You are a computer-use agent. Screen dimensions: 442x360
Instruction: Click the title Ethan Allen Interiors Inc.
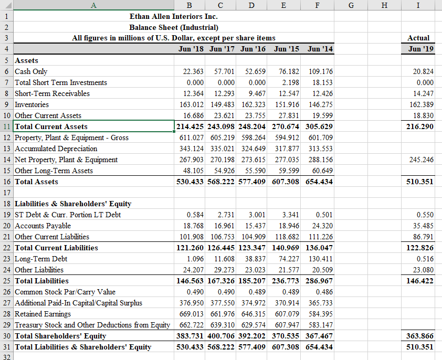(173, 16)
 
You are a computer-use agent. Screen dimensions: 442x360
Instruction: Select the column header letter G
(351, 5)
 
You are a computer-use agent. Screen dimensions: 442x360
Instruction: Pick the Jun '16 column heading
(252, 49)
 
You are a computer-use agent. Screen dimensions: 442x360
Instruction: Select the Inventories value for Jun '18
(190, 104)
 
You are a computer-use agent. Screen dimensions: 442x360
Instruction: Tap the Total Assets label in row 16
(37, 182)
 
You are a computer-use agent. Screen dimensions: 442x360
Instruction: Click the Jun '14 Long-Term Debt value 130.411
(321, 259)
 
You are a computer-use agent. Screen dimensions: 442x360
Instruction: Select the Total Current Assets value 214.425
(190, 126)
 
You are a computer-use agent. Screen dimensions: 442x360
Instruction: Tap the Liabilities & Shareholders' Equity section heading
(73, 204)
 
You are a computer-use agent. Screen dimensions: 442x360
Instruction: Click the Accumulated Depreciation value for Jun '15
(287, 149)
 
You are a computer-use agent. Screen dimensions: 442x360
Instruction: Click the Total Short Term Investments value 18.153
(321, 82)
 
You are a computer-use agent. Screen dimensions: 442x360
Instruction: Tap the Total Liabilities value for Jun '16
(252, 281)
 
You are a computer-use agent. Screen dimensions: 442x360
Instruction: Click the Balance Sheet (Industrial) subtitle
(173, 27)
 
